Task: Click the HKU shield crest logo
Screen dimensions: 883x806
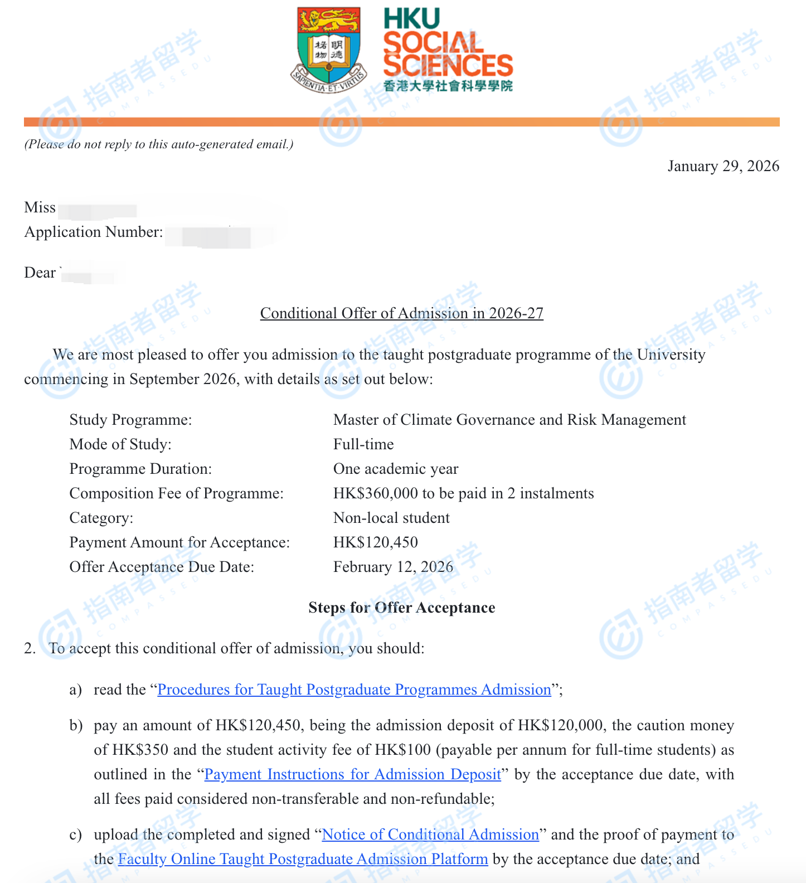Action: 328,50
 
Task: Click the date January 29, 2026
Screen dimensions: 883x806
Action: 723,166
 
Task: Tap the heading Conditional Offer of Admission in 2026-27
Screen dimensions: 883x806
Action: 401,313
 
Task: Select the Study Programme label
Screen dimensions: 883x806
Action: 130,420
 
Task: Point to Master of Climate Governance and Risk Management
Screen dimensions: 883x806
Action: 509,420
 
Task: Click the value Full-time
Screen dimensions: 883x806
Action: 363,444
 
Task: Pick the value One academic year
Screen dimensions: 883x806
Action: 396,469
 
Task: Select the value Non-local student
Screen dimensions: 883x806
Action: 391,518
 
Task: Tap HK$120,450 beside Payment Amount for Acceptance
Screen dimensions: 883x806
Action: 376,542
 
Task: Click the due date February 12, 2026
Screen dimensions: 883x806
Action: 393,567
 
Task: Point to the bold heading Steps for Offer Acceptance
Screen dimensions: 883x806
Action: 401,608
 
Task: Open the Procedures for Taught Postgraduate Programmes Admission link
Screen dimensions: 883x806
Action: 355,690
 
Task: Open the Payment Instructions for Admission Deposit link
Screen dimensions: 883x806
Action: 353,774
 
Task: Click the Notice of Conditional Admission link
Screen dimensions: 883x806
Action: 430,835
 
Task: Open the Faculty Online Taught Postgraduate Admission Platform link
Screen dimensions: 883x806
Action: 303,859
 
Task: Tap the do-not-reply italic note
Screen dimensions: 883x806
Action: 159,144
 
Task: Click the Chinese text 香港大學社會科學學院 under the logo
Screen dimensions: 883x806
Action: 448,86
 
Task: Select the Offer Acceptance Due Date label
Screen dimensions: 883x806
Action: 162,567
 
